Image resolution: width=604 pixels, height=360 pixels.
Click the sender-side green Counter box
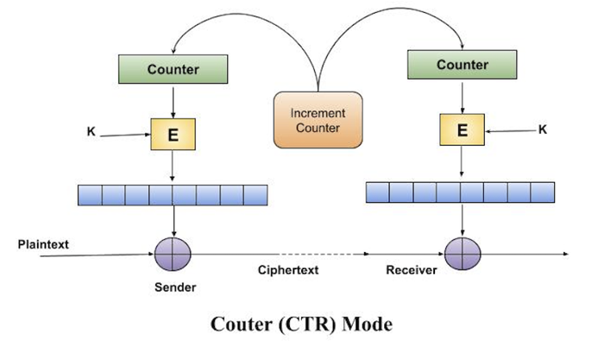pos(173,68)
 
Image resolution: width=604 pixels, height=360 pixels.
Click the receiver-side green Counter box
pos(462,65)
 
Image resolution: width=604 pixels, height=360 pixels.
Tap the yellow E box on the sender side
pos(173,134)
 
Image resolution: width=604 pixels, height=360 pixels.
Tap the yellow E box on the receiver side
pos(462,130)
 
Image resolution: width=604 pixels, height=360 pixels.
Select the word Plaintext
pos(42,245)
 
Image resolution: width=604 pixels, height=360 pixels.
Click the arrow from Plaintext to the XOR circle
pos(86,254)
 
